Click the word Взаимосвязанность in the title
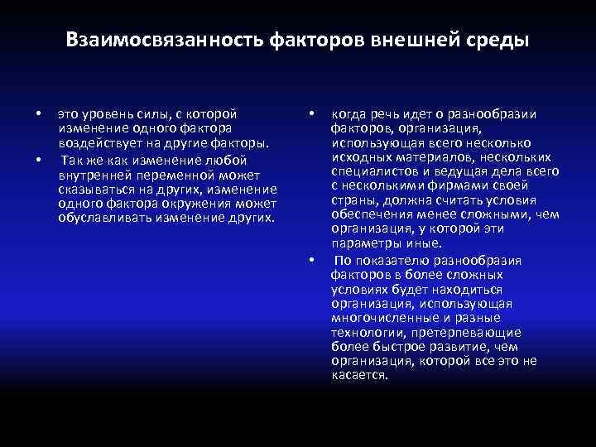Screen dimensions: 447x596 coord(164,41)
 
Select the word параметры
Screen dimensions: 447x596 coord(364,243)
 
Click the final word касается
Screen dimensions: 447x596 coord(359,375)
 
